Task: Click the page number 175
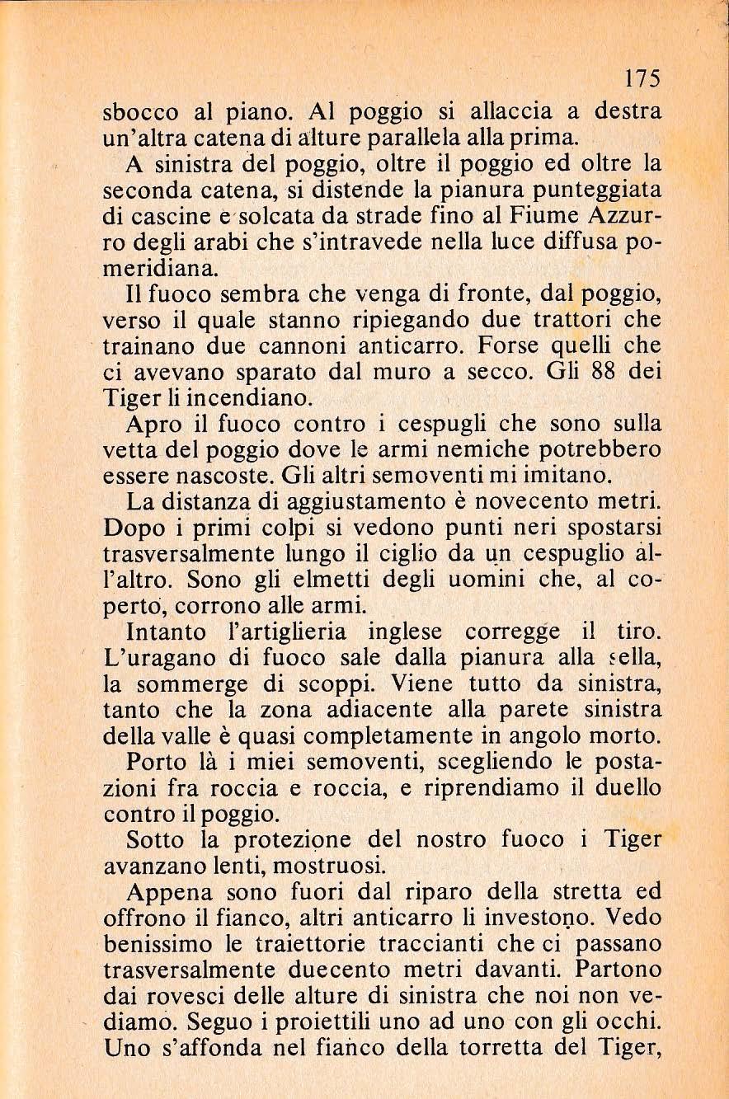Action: point(641,78)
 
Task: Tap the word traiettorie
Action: point(302,944)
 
